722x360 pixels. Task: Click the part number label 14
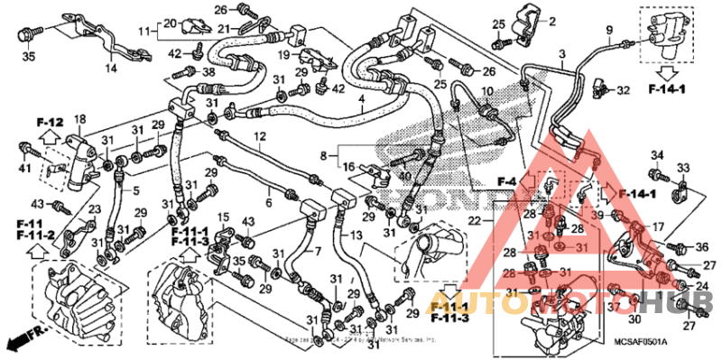click(112, 69)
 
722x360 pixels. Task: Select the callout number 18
click(79, 119)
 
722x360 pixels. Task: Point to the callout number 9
click(608, 30)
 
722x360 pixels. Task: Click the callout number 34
click(656, 155)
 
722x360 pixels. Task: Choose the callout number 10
click(487, 93)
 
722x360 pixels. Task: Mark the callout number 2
click(552, 21)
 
